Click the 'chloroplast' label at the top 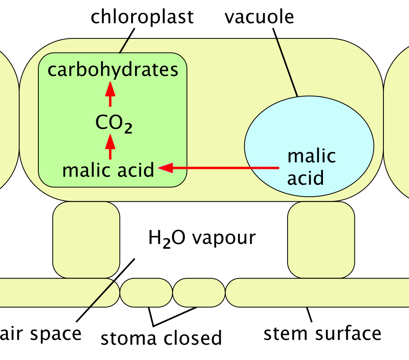tap(142, 17)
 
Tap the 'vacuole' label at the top tap(259, 17)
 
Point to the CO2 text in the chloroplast tap(114, 124)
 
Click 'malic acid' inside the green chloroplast tap(108, 170)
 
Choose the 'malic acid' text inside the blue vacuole tap(311, 167)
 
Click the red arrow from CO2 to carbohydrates tap(110, 94)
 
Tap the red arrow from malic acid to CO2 tap(110, 147)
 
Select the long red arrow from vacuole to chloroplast tap(219, 168)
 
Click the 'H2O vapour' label tap(202, 238)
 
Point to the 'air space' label tap(41, 334)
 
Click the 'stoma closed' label tap(161, 338)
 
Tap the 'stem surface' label tap(323, 334)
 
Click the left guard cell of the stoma tap(146, 292)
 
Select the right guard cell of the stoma tap(199, 292)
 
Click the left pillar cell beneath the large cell tap(86, 240)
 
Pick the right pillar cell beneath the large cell tap(321, 240)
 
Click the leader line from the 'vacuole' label tap(285, 62)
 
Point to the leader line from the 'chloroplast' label tap(127, 41)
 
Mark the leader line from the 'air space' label tap(105, 290)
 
